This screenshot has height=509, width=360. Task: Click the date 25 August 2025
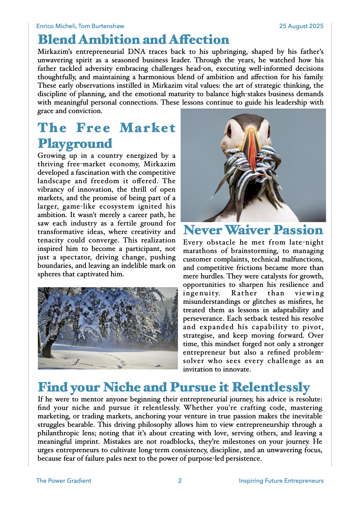[301, 26]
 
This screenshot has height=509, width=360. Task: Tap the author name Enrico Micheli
[56, 26]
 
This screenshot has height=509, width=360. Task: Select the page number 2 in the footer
[180, 481]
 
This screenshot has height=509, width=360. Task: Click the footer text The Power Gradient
[64, 481]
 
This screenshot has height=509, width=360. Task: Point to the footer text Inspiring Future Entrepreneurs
[281, 481]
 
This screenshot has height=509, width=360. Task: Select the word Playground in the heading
[75, 143]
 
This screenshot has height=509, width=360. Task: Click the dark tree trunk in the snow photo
[47, 348]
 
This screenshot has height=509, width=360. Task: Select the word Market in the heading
[147, 128]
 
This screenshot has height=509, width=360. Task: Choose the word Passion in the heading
[298, 230]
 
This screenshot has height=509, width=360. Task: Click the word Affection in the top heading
[199, 40]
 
